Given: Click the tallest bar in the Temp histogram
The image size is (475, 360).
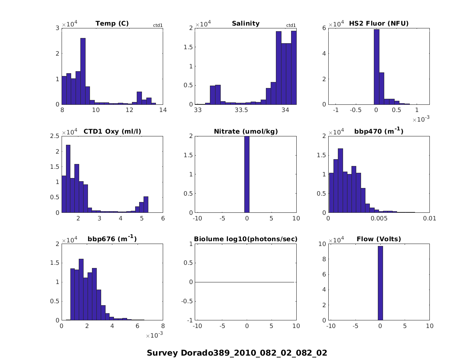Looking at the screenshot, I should coord(83,71).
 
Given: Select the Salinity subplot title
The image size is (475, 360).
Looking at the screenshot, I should coord(245,24).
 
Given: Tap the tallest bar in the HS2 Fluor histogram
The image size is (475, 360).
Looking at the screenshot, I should coord(376,67).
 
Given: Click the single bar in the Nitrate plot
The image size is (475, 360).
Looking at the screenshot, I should coord(247,174).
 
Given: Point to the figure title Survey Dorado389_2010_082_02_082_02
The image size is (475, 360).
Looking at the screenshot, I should coord(237,353).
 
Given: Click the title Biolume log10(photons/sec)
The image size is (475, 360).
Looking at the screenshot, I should coord(245,239).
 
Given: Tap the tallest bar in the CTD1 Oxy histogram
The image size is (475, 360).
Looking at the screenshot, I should coord(68,178).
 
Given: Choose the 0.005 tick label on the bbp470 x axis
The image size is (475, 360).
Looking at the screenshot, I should coord(379,218).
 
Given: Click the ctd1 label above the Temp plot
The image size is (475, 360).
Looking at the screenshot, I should coord(158,26).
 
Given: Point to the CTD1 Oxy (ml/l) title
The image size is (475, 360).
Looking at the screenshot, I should coord(112,131).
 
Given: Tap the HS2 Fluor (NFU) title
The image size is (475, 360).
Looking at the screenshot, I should coord(379,24).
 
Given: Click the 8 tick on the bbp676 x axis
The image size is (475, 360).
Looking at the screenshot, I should coord(163,326).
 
